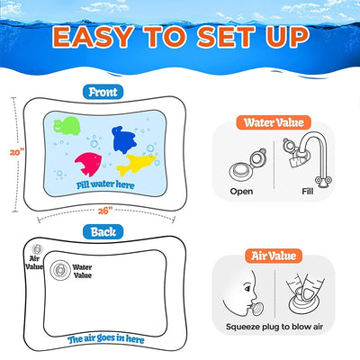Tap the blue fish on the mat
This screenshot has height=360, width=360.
126,139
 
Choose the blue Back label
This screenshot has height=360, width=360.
103,232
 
